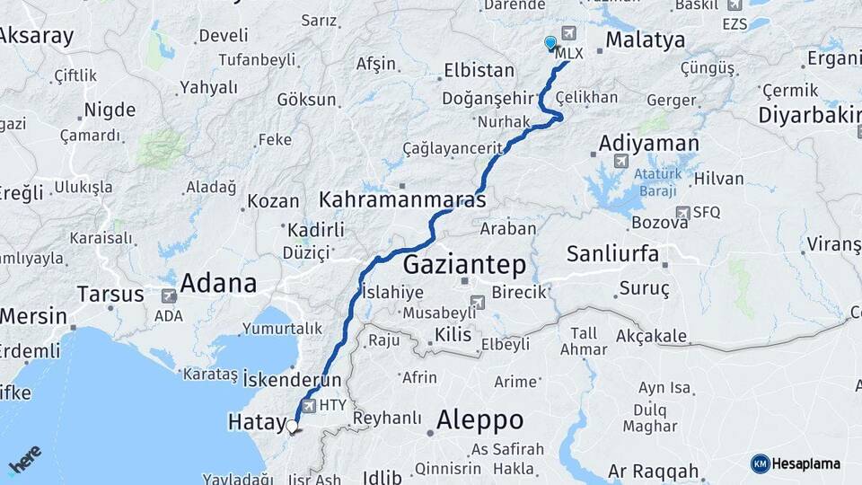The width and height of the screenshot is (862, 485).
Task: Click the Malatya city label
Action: pos(645,40)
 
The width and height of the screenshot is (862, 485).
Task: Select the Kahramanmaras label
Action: pos(402,198)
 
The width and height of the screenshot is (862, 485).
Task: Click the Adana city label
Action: pos(218,284)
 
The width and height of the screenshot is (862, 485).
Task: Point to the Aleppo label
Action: pos(479,419)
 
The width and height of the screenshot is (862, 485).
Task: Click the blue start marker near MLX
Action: pos(550,42)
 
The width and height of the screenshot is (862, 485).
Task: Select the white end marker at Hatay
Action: pos(292,426)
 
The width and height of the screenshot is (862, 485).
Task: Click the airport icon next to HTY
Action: pos(310,406)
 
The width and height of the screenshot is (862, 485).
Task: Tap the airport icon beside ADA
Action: pos(168,295)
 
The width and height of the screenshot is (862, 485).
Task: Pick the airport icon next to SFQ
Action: pos(684,213)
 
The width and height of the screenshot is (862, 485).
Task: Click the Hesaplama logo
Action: pos(796,463)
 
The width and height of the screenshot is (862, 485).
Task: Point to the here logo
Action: pos(24,459)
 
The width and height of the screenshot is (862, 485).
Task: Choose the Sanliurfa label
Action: pos(613,253)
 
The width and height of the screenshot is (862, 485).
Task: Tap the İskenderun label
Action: pos(292,379)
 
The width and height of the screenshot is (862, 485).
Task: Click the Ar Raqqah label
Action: pos(653,472)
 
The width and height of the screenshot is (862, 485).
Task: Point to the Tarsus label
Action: pos(110,294)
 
